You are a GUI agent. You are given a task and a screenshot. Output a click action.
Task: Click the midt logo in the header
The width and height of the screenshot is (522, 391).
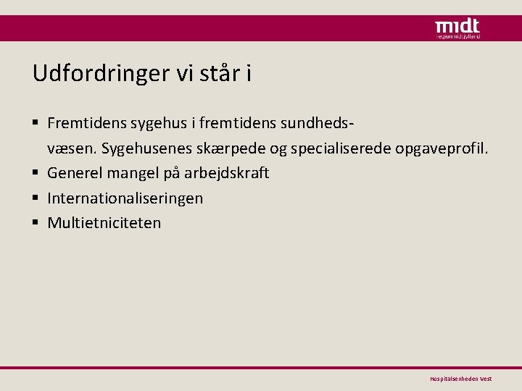(457, 28)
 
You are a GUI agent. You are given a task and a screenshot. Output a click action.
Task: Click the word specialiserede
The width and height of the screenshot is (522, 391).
(334, 149)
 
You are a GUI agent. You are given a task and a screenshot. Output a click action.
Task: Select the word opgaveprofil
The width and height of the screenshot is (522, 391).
(444, 150)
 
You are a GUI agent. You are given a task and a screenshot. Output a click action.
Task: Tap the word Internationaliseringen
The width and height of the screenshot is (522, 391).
(125, 198)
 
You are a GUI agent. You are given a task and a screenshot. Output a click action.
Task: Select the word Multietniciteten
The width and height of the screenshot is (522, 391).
(104, 222)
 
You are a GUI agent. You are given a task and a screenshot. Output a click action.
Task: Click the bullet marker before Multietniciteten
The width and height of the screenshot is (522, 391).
(37, 223)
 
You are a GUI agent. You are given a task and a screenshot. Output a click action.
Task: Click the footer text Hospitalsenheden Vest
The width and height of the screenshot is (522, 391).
(460, 379)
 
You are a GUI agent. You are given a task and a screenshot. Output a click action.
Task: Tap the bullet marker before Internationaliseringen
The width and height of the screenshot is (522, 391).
(37, 198)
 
